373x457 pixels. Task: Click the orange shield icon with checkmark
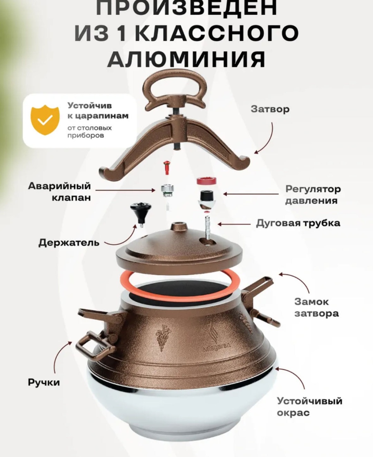point(45,120)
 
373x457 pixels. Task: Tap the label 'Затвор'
point(270,109)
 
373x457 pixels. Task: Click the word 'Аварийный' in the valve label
point(59,186)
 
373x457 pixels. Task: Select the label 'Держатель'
point(69,243)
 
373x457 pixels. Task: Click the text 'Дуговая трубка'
point(298,223)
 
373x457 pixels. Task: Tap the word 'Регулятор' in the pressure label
point(313,189)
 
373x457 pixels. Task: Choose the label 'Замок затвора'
point(316,307)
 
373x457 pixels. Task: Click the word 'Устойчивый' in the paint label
point(310,401)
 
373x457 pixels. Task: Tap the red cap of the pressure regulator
point(206,180)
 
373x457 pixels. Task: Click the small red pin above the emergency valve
point(166,167)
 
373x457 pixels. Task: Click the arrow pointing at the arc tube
point(235,224)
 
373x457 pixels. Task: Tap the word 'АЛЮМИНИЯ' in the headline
point(186,59)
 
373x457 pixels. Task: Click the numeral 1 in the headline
point(122,32)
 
